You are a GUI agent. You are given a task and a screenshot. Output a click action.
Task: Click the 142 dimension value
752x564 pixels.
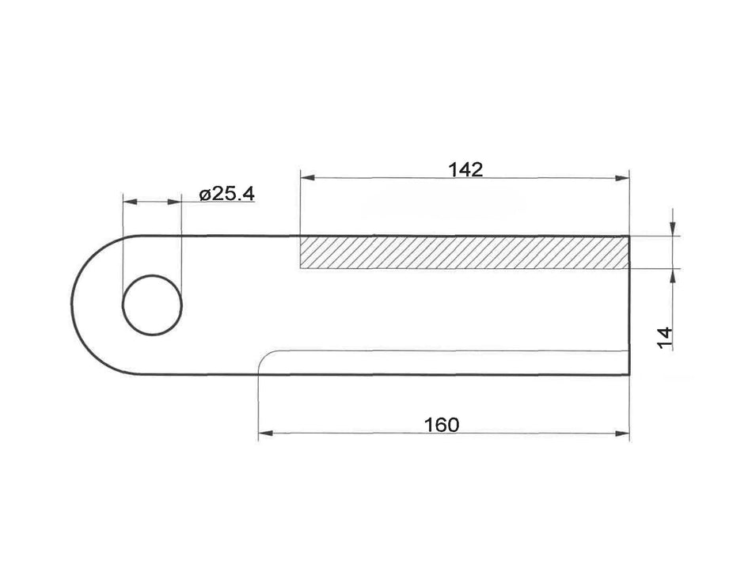(x=465, y=169)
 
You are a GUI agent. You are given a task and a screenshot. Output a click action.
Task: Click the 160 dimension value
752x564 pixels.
(x=441, y=424)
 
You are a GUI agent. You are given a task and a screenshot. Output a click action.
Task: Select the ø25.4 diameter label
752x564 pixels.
(x=227, y=193)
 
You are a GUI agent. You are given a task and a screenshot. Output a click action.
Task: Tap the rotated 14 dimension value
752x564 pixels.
(x=665, y=338)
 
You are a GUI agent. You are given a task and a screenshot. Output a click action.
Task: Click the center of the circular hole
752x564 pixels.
(x=152, y=305)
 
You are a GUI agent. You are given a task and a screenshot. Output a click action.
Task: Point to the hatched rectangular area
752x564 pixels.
(x=464, y=252)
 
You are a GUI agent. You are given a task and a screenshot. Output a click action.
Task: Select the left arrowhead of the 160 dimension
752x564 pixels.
(x=264, y=433)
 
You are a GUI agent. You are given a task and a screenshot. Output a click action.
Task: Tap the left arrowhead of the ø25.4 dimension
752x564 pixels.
(x=127, y=203)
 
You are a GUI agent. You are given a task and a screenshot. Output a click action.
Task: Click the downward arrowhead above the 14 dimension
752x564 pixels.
(x=672, y=229)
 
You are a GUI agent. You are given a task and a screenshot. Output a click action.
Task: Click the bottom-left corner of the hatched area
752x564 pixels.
(x=300, y=269)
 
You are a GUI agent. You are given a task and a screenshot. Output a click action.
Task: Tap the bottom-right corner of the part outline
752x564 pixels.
(x=629, y=375)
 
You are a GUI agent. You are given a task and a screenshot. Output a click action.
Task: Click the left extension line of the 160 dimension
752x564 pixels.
(x=259, y=403)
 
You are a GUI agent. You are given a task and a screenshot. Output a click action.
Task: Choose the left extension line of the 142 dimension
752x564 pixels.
(x=300, y=206)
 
